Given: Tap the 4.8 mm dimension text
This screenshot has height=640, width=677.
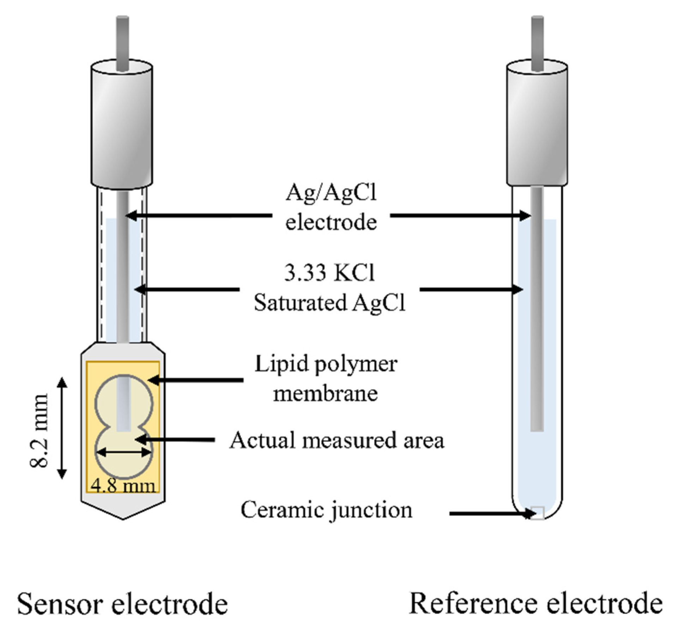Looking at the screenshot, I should [x=123, y=486].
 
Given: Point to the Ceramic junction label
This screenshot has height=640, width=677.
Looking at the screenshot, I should [x=326, y=511].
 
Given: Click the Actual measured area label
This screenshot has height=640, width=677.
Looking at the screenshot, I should [x=337, y=440].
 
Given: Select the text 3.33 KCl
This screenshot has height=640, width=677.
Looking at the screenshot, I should [x=329, y=273].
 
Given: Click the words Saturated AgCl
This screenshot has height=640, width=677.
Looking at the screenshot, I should [x=330, y=303].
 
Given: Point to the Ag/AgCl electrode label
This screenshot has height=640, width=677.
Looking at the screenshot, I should [x=331, y=208].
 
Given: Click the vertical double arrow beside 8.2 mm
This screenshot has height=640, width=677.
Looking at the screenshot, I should [x=62, y=428].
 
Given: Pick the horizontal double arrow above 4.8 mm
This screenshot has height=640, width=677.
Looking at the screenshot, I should [x=124, y=452].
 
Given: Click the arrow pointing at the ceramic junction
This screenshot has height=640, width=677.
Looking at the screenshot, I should [x=490, y=514].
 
